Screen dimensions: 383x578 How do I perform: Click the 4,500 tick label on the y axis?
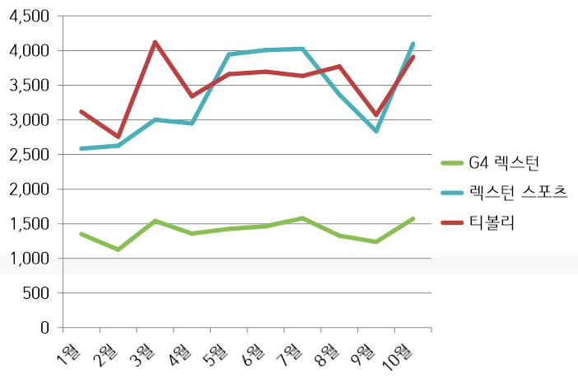tap(27, 16)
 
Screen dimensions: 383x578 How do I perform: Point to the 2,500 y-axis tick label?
tap(27, 155)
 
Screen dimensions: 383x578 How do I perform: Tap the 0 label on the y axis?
tap(44, 328)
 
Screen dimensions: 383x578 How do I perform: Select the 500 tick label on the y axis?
tap(35, 293)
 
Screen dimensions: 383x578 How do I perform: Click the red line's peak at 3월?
tap(155, 42)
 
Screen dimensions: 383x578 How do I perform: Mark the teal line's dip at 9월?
tap(376, 131)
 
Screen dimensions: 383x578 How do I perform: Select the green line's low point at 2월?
tap(118, 249)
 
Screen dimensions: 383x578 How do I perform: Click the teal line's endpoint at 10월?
tap(413, 44)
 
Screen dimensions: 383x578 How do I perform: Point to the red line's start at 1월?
tap(81, 111)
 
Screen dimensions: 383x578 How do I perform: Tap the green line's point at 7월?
tap(302, 218)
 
